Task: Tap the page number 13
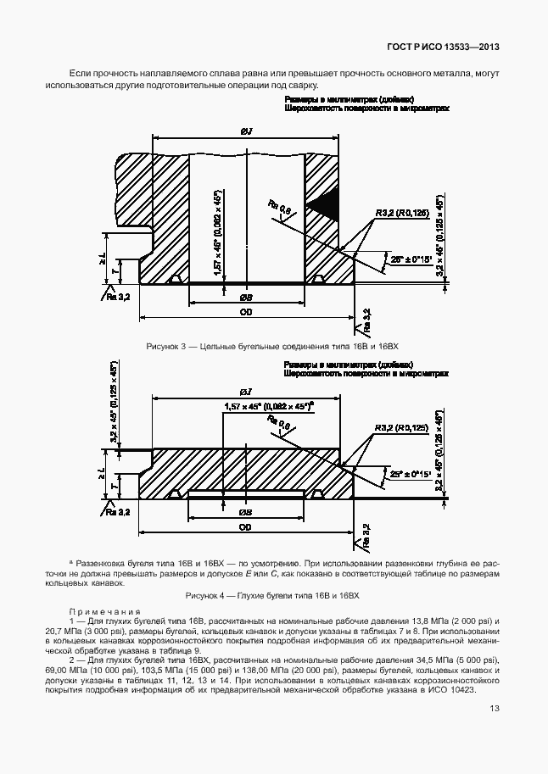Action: point(494,710)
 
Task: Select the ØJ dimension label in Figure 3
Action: point(246,131)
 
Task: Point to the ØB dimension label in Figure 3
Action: point(245,298)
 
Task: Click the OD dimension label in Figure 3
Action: point(245,313)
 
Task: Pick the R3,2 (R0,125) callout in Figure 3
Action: point(402,214)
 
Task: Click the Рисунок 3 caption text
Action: point(272,347)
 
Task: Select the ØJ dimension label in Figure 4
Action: point(246,392)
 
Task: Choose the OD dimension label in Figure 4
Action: point(245,527)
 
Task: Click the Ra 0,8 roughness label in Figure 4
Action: point(277,423)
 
